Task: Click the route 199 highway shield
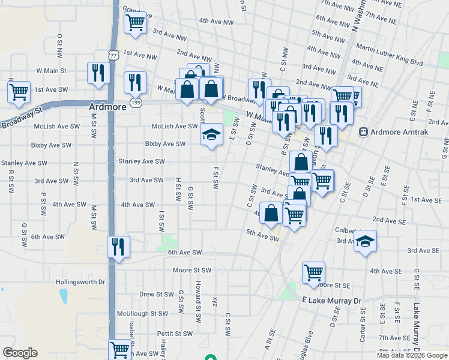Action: pos(137,103)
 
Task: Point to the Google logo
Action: pos(20,353)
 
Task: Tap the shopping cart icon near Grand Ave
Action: pos(135,23)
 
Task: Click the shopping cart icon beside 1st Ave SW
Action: pos(19,92)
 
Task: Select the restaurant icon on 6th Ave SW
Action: pos(118,246)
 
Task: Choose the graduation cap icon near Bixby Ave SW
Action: pos(211,134)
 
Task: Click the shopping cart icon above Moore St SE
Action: pos(313,272)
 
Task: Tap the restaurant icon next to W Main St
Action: pos(98,73)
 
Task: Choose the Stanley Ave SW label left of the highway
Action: pos(24,163)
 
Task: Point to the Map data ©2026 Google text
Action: pos(412,355)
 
